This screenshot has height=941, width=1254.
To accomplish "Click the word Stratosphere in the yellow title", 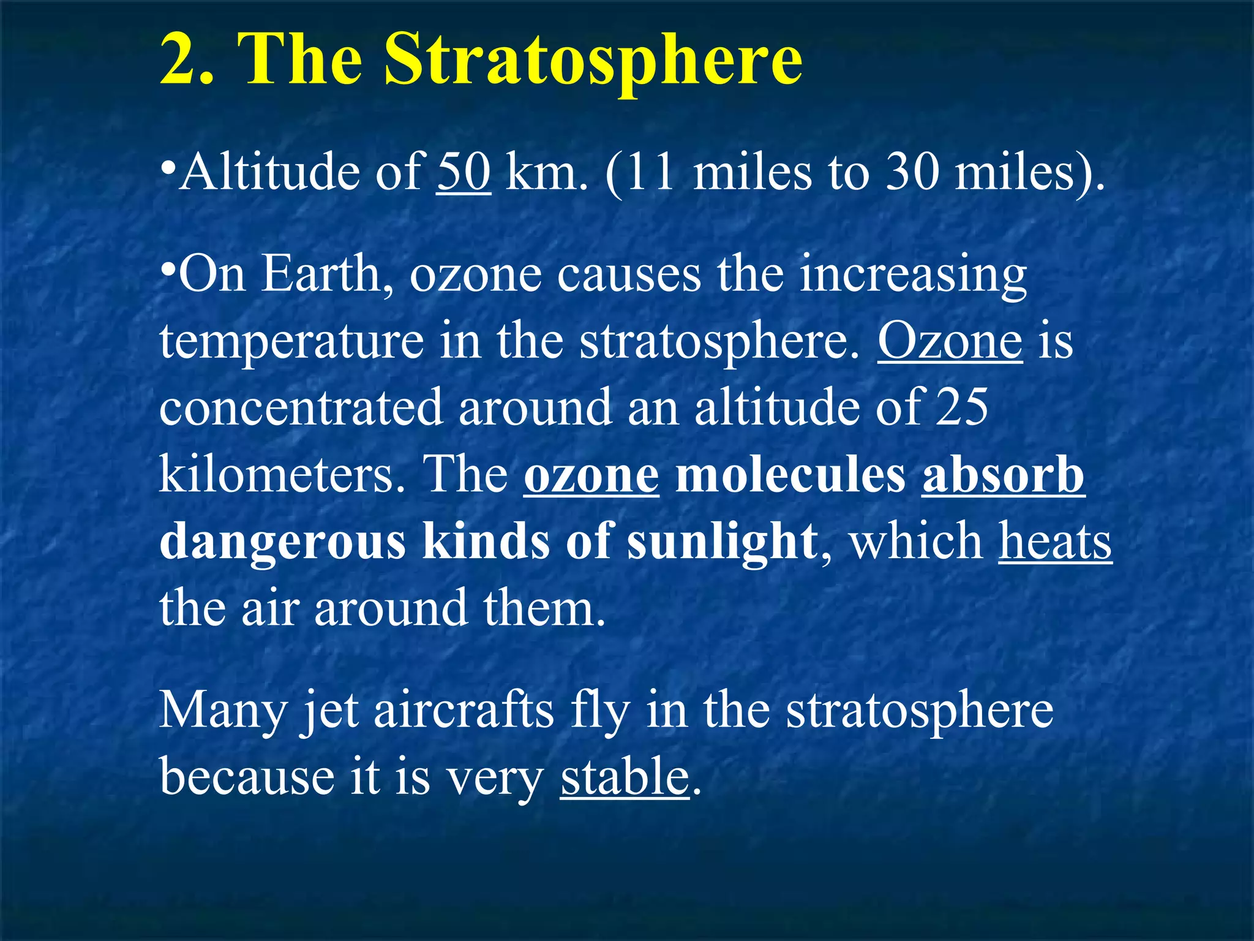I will click(593, 60).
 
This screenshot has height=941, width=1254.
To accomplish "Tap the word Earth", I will click(321, 274).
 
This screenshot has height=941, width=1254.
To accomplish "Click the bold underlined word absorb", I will click(1003, 475).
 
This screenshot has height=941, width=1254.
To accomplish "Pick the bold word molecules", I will click(790, 475).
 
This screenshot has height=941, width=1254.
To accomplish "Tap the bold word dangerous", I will click(282, 542).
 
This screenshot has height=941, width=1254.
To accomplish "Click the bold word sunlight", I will click(723, 541).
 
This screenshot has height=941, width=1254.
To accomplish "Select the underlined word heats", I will click(1055, 541).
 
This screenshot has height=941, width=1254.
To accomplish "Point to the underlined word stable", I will click(625, 777).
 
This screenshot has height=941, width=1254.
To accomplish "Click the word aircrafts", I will click(464, 710).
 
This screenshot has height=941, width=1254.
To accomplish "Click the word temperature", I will click(291, 342).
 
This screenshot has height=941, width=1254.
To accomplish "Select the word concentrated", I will click(301, 407).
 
